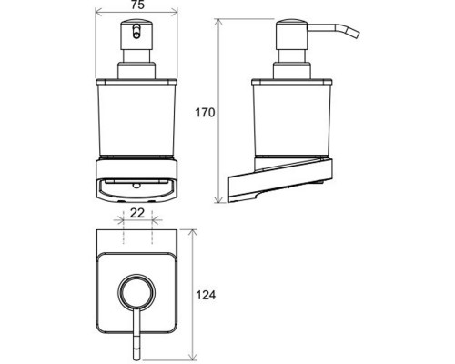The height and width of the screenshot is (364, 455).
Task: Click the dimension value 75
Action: tap(137, 5)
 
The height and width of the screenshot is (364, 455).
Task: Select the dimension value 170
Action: tap(205, 113)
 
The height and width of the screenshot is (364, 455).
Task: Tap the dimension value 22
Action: tap(137, 213)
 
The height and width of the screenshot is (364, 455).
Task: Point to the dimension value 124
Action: tap(206, 295)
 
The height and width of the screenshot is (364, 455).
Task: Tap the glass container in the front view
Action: tap(136, 118)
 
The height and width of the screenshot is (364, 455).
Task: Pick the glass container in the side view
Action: tap(292, 118)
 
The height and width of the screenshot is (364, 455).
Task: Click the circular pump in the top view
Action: tap(136, 291)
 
